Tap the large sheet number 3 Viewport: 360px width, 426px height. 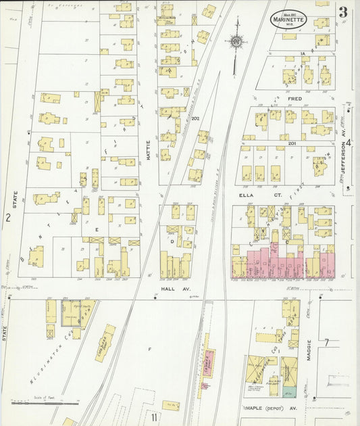(343, 12)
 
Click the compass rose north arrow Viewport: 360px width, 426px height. (236, 42)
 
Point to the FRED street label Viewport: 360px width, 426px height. (294, 99)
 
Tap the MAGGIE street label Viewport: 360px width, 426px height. (309, 350)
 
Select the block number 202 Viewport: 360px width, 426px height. (195, 119)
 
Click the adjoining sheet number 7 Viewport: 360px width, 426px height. (326, 343)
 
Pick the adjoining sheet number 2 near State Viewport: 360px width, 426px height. (8, 217)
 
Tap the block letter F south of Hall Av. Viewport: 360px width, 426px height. (150, 348)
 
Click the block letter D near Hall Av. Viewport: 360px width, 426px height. (172, 239)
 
